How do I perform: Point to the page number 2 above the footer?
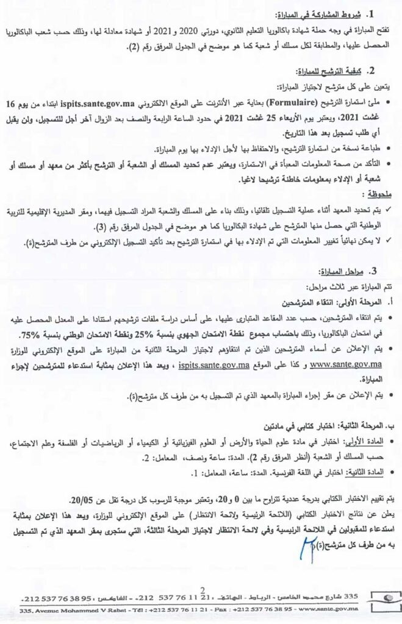(x=201, y=589)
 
